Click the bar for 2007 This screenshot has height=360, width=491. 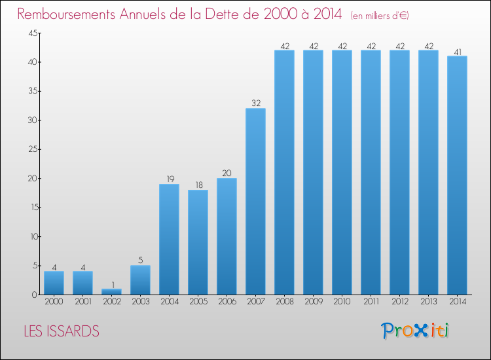[x=255, y=202]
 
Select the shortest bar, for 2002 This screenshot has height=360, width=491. [x=111, y=291]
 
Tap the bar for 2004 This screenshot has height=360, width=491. [x=169, y=239]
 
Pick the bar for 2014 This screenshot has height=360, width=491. [x=457, y=175]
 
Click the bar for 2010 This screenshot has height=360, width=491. [x=342, y=172]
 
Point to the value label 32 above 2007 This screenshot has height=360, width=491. [x=256, y=103]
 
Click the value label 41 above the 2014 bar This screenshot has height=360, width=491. [x=458, y=52]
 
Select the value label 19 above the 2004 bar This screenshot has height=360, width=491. [x=170, y=179]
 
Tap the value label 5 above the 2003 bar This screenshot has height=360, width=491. [x=141, y=260]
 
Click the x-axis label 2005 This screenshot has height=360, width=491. [x=198, y=302]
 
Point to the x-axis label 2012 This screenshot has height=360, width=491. [x=400, y=302]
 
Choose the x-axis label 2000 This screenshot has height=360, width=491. [x=54, y=302]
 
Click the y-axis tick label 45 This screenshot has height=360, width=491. [x=33, y=33]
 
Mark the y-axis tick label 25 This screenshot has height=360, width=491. [x=33, y=149]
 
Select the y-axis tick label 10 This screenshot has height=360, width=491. [x=34, y=237]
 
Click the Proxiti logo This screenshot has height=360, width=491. [x=415, y=331]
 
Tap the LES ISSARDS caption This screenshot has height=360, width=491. [x=62, y=331]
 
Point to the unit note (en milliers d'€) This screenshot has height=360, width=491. [x=380, y=16]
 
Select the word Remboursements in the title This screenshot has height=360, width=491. [x=66, y=14]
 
